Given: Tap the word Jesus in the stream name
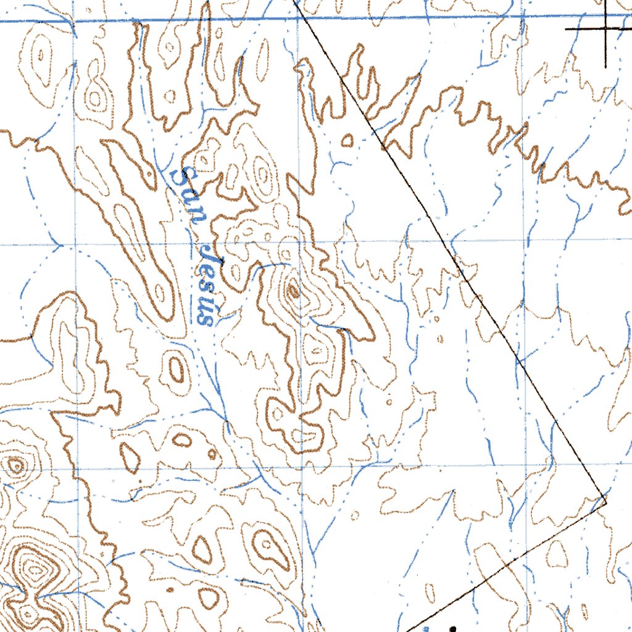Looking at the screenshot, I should [x=210, y=284].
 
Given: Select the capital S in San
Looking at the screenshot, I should [x=181, y=177].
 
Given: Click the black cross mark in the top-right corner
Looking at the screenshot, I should [x=605, y=28].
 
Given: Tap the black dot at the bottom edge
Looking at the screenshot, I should [x=454, y=628].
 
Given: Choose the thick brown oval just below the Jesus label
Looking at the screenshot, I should [x=177, y=370].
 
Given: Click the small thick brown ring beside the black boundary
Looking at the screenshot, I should [x=347, y=141].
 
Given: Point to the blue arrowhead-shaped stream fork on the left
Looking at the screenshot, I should [x=59, y=247].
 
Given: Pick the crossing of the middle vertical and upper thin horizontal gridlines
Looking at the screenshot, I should [x=301, y=243].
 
